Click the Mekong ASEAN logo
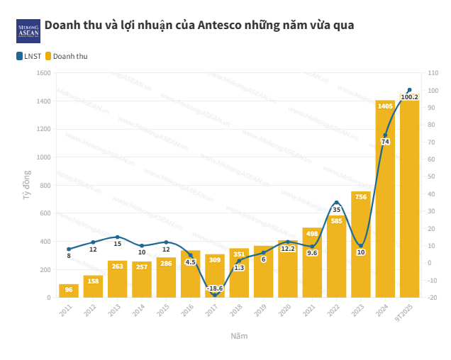28,30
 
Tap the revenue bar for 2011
69,291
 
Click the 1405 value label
385,106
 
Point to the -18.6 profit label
215,288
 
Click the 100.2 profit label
409,97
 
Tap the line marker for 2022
337,203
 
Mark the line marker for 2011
69,249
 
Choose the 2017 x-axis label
214,310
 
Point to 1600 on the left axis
43,73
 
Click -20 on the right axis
432,298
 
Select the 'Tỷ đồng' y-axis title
26,184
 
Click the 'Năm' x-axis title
239,336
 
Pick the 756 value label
361,196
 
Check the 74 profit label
385,142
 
